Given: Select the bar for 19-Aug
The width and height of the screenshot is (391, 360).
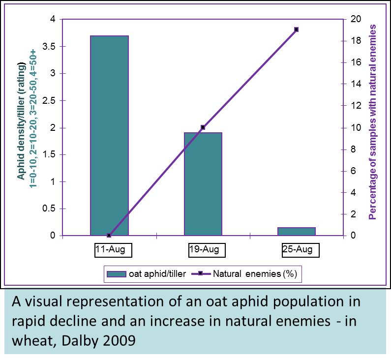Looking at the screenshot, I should (x=203, y=184).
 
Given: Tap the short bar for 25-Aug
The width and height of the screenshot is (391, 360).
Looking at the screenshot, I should (x=297, y=232).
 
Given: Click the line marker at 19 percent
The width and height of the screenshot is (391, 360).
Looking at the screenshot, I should (x=296, y=30).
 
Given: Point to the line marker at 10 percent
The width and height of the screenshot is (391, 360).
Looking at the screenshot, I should (x=203, y=127).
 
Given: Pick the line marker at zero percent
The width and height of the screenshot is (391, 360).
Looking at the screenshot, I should (x=109, y=236).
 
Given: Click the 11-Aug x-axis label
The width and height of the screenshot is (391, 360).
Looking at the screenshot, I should (x=110, y=250).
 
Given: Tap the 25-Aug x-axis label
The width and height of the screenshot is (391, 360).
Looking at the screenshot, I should (x=297, y=250).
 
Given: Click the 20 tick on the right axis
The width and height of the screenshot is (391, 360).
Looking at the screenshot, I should (x=356, y=19).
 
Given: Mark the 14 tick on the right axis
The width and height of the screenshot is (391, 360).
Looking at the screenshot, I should (x=356, y=84).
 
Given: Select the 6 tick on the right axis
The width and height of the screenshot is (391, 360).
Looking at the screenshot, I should (x=354, y=171).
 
